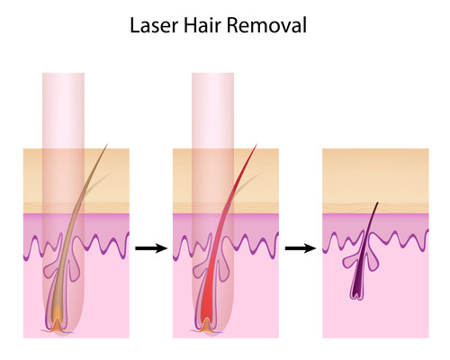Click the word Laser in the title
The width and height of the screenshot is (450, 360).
click(x=154, y=25)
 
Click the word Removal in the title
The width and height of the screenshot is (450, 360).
click(x=266, y=25)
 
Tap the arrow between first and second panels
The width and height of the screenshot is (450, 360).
click(x=151, y=248)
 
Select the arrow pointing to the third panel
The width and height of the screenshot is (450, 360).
click(x=301, y=248)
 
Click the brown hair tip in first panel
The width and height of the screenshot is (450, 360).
click(x=107, y=145)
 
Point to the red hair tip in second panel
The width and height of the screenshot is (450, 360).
click(x=256, y=145)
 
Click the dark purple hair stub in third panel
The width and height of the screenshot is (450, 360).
click(x=364, y=252)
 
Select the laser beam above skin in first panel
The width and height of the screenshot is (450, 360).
click(x=63, y=111)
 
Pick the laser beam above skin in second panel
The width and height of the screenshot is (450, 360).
click(x=213, y=111)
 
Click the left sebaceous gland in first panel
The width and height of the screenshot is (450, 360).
click(x=50, y=269)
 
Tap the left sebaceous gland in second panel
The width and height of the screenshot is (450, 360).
click(x=200, y=269)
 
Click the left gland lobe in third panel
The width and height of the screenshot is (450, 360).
click(x=350, y=261)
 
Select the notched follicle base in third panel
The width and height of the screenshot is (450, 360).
click(x=357, y=295)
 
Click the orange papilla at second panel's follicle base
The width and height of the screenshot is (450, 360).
click(x=206, y=326)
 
